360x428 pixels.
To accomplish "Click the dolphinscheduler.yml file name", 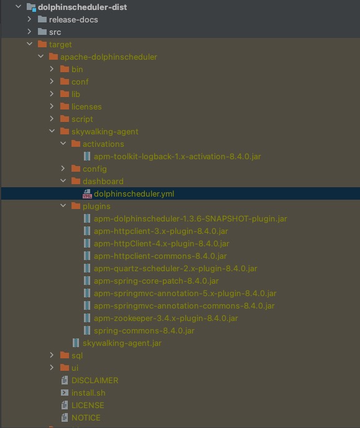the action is point(134,194).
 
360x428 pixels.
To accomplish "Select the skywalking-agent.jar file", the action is point(122,343).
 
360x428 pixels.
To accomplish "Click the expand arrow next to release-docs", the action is point(29,19).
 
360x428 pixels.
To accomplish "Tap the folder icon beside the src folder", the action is point(42,32).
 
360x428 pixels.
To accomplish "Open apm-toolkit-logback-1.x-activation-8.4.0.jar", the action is point(177,156).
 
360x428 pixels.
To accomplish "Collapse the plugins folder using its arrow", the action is point(63,205).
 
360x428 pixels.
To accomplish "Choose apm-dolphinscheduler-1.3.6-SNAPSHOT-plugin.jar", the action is point(190,218).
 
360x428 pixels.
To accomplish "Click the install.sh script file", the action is point(88,393).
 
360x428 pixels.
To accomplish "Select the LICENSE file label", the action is point(88,406).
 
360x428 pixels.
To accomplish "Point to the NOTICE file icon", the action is point(65,417).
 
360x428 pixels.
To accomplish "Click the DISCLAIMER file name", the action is point(95,381).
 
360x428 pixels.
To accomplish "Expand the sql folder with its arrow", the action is point(52,355).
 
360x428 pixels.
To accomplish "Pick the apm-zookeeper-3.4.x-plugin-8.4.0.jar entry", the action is point(166,319).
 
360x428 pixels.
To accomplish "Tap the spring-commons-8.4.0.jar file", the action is point(144,331).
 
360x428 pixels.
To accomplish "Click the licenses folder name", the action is point(86,107).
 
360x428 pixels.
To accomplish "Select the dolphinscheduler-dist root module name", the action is point(82,7).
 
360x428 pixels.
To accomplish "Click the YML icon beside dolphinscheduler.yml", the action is point(87,194).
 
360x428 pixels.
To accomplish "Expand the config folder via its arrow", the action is point(63,169).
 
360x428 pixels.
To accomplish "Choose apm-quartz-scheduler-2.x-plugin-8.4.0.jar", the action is point(175,269).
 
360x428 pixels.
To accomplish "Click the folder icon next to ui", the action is point(65,368).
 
